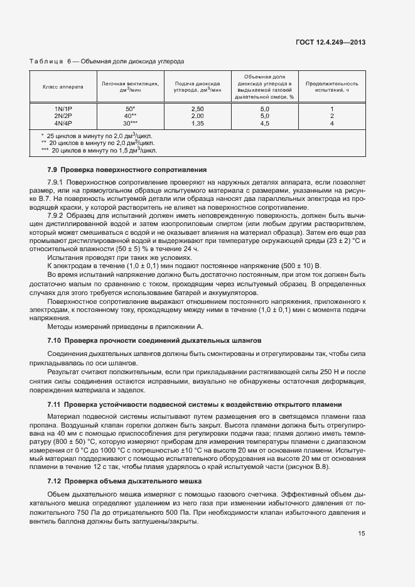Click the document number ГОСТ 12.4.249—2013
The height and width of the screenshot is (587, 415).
click(330, 43)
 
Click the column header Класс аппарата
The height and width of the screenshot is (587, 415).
click(61, 86)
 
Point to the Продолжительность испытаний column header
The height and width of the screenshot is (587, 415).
click(331, 86)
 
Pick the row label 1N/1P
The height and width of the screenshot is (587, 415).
click(63, 109)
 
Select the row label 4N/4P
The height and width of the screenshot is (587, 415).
click(63, 123)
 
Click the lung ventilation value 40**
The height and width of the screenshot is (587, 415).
click(130, 116)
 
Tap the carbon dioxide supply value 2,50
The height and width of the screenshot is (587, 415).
click(197, 109)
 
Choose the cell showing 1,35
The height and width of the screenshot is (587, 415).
click(197, 123)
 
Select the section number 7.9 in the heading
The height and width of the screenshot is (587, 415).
click(53, 170)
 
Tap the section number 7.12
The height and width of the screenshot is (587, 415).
click(54, 482)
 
